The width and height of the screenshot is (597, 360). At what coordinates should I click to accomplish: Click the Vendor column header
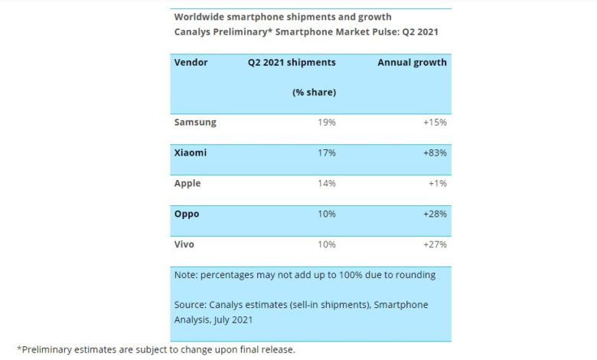pyautogui.click(x=191, y=62)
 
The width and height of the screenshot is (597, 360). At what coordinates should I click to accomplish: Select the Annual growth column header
pyautogui.click(x=412, y=62)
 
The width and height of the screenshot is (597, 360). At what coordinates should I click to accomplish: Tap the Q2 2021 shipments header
pyautogui.click(x=291, y=62)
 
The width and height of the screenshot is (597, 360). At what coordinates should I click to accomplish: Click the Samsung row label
pyautogui.click(x=195, y=122)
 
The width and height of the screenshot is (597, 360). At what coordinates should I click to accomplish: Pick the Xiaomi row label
pyautogui.click(x=191, y=152)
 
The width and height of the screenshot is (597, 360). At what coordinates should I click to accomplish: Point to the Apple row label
pyautogui.click(x=188, y=184)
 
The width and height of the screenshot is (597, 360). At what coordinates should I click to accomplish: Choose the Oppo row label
pyautogui.click(x=187, y=214)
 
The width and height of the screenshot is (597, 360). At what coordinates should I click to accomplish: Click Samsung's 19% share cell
pyautogui.click(x=327, y=122)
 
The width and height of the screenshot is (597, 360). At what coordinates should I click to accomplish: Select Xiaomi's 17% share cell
pyautogui.click(x=327, y=152)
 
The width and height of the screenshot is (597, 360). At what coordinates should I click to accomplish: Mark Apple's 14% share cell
pyautogui.click(x=327, y=184)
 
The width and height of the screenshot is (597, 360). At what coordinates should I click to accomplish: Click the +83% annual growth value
pyautogui.click(x=434, y=152)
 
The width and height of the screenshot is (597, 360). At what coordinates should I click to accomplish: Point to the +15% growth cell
pyautogui.click(x=434, y=122)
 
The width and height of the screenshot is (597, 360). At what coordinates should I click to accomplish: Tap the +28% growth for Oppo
pyautogui.click(x=434, y=214)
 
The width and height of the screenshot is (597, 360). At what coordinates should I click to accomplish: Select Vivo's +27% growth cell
pyautogui.click(x=434, y=244)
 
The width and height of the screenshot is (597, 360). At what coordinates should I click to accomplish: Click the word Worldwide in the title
pyautogui.click(x=201, y=16)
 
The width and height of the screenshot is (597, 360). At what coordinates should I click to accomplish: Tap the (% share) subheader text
pyautogui.click(x=314, y=92)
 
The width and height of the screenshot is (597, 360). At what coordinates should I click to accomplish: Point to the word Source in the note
pyautogui.click(x=191, y=305)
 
